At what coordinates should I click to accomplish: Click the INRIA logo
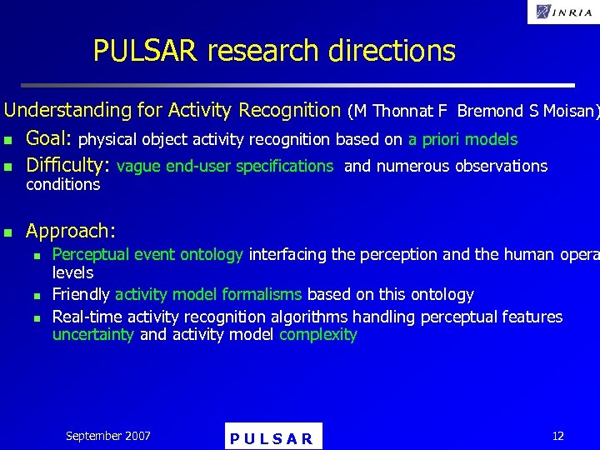(x=562, y=12)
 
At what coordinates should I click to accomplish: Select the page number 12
(x=557, y=436)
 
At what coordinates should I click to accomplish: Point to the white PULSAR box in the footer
(x=273, y=437)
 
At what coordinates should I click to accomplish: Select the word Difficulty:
(x=68, y=166)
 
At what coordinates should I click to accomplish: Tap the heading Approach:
(x=71, y=231)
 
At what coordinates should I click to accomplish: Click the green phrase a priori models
(x=462, y=140)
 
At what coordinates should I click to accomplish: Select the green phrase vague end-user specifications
(x=225, y=166)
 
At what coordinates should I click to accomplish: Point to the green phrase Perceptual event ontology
(x=147, y=254)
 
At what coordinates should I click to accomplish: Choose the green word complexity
(x=317, y=335)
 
